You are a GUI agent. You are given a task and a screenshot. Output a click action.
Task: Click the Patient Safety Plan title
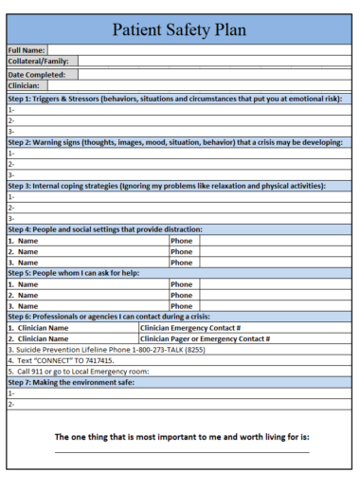[x=179, y=30]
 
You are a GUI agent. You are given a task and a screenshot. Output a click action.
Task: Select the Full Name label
[x=27, y=49]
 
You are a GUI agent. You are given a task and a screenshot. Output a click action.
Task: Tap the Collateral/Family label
[x=38, y=62]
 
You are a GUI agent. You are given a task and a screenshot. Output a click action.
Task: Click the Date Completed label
[x=37, y=74]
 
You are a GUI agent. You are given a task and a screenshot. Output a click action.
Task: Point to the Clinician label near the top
[x=26, y=85]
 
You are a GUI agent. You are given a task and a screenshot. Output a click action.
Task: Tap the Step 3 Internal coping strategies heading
[x=167, y=186]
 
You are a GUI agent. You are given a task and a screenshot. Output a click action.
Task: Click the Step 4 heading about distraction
[x=105, y=229]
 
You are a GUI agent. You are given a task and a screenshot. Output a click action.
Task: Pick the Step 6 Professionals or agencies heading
[x=109, y=317]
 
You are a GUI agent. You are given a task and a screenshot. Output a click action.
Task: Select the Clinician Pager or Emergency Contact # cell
[x=206, y=338]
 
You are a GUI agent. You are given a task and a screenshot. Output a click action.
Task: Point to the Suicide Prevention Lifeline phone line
[x=106, y=349]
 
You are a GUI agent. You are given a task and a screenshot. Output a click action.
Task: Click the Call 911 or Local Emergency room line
[x=79, y=372]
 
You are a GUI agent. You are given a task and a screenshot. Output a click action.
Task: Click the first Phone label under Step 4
[x=181, y=241]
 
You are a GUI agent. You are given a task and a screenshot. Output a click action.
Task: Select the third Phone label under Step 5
[x=181, y=306]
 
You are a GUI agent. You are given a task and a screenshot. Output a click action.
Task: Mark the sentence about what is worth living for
[x=182, y=438]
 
